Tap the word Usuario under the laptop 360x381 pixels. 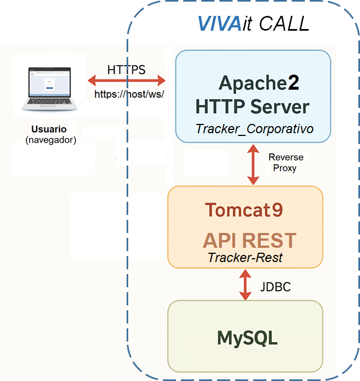point(49,130)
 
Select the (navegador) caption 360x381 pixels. point(51,140)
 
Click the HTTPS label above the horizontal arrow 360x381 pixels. point(127,70)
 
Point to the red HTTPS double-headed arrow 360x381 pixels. point(127,81)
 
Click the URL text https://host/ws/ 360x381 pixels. point(130,94)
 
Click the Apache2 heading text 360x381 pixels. point(259,83)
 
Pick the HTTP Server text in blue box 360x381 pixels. point(253,106)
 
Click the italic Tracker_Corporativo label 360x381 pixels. point(254,129)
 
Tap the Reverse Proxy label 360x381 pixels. point(285,163)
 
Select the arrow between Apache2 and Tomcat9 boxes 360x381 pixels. point(253,164)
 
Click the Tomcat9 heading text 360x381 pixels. point(244,210)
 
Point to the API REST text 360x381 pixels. point(249,240)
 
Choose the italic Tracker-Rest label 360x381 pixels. point(244,257)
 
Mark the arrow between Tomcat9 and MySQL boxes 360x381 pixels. point(245,285)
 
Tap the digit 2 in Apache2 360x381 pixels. point(294,83)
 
